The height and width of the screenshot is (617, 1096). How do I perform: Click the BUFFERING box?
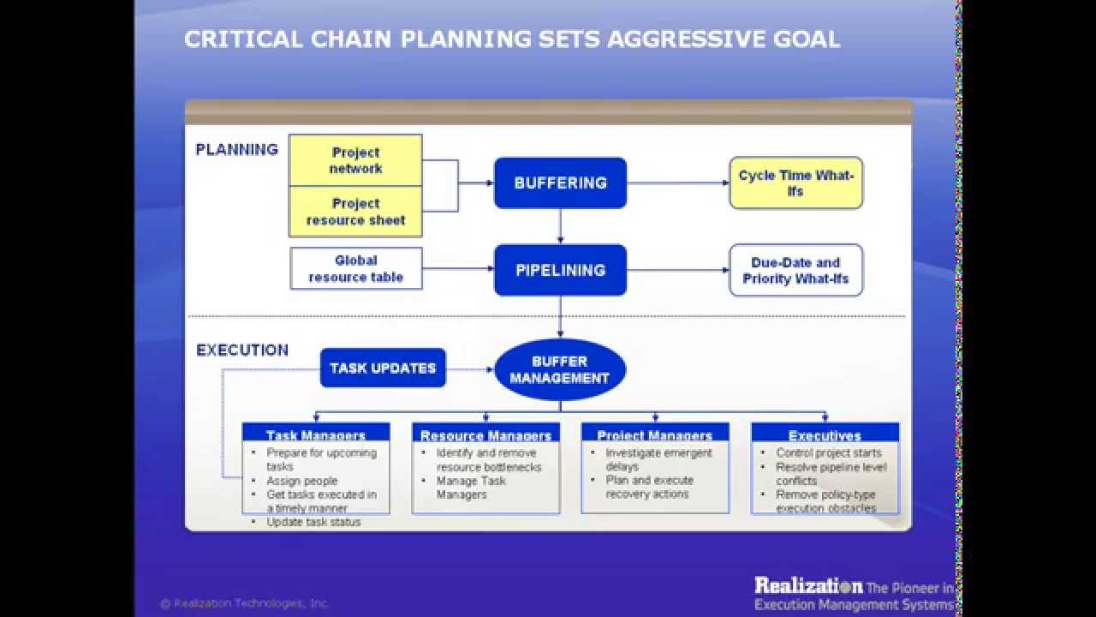pyautogui.click(x=560, y=183)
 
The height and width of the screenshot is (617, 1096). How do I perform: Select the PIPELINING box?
pyautogui.click(x=560, y=270)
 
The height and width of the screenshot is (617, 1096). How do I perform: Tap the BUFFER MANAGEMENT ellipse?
pyautogui.click(x=560, y=369)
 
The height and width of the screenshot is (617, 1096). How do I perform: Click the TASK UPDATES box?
pyautogui.click(x=383, y=368)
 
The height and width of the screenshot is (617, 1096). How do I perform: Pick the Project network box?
pyautogui.click(x=355, y=160)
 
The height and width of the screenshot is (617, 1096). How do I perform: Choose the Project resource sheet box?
pyautogui.click(x=355, y=212)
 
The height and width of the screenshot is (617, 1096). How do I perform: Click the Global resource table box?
pyautogui.click(x=355, y=268)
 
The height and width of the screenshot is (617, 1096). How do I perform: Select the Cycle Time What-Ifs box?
pyautogui.click(x=795, y=183)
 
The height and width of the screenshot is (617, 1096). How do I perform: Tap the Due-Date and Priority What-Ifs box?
pyautogui.click(x=795, y=270)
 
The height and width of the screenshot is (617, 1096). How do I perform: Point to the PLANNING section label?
pyautogui.click(x=237, y=149)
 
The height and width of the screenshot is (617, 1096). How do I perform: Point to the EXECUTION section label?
pyautogui.click(x=242, y=350)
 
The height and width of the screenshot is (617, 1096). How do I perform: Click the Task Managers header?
pyautogui.click(x=316, y=434)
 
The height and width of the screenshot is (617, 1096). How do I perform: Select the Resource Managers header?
pyautogui.click(x=485, y=434)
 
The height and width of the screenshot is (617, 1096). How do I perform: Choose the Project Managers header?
pyautogui.click(x=655, y=434)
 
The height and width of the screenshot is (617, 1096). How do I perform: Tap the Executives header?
pyautogui.click(x=825, y=434)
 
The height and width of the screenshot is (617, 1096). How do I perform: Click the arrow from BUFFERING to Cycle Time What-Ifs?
pyautogui.click(x=677, y=183)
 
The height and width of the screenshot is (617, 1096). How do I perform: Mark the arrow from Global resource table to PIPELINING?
pyautogui.click(x=458, y=270)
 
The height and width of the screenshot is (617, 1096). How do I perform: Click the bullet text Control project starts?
pyautogui.click(x=828, y=452)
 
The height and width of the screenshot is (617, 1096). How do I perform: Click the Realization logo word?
pyautogui.click(x=808, y=586)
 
